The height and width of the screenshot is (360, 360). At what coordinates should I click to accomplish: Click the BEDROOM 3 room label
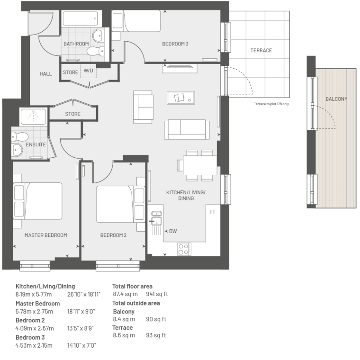pyautogui.click(x=175, y=44)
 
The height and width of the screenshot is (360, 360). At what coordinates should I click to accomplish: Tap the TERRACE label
pyautogui.click(x=261, y=51)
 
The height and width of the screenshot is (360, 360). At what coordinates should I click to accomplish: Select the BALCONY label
pyautogui.click(x=336, y=99)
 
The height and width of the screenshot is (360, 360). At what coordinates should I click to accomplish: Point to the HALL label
pyautogui.click(x=45, y=74)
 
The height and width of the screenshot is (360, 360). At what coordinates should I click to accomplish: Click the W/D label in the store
pyautogui.click(x=89, y=71)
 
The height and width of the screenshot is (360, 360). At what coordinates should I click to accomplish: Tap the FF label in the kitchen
pyautogui.click(x=213, y=212)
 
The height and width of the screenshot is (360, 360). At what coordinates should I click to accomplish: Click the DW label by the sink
pyautogui.click(x=173, y=231)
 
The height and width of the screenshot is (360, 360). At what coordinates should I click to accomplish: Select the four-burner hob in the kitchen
pyautogui.click(x=184, y=249)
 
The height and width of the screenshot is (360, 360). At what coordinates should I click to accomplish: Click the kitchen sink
pyautogui.click(x=157, y=218)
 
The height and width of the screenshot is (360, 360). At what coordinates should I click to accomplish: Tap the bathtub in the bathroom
pyautogui.click(x=80, y=18)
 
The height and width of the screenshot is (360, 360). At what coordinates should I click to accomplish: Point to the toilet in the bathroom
pyautogui.click(x=96, y=51)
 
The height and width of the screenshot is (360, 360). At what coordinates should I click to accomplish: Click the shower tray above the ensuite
pyautogui.click(x=34, y=116)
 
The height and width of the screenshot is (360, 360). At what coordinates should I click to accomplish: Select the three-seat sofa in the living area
pyautogui.click(x=187, y=129)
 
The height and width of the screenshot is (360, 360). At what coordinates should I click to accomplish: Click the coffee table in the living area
pyautogui.click(x=181, y=98)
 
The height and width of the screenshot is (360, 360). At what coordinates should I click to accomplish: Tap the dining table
pyautogui.click(x=200, y=165)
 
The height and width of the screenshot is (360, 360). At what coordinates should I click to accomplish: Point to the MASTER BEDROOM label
pyautogui.click(x=45, y=235)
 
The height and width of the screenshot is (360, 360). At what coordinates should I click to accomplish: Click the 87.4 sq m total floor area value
pyautogui.click(x=126, y=294)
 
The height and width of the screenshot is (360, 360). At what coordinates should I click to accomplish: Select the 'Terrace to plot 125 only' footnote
pyautogui.click(x=272, y=104)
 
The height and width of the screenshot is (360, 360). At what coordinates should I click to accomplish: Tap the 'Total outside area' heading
pyautogui.click(x=136, y=303)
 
